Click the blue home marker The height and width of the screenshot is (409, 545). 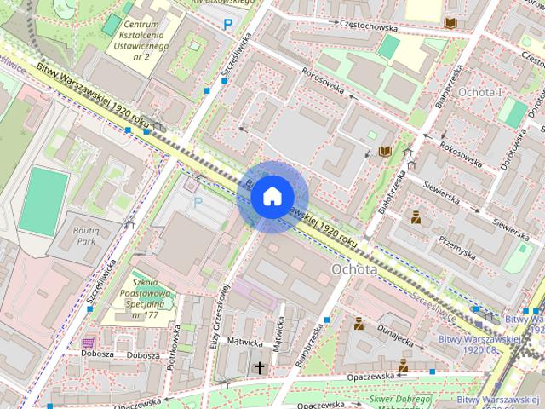[271, 197]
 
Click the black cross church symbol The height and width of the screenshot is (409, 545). [260, 367]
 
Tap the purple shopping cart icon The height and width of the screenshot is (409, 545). [88, 343]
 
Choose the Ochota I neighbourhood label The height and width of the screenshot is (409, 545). [479, 90]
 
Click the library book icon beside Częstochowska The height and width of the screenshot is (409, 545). [450, 23]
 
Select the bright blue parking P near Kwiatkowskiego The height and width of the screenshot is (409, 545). [227, 25]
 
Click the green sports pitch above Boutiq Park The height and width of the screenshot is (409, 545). [43, 201]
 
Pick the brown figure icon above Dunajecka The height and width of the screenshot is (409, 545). [359, 323]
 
